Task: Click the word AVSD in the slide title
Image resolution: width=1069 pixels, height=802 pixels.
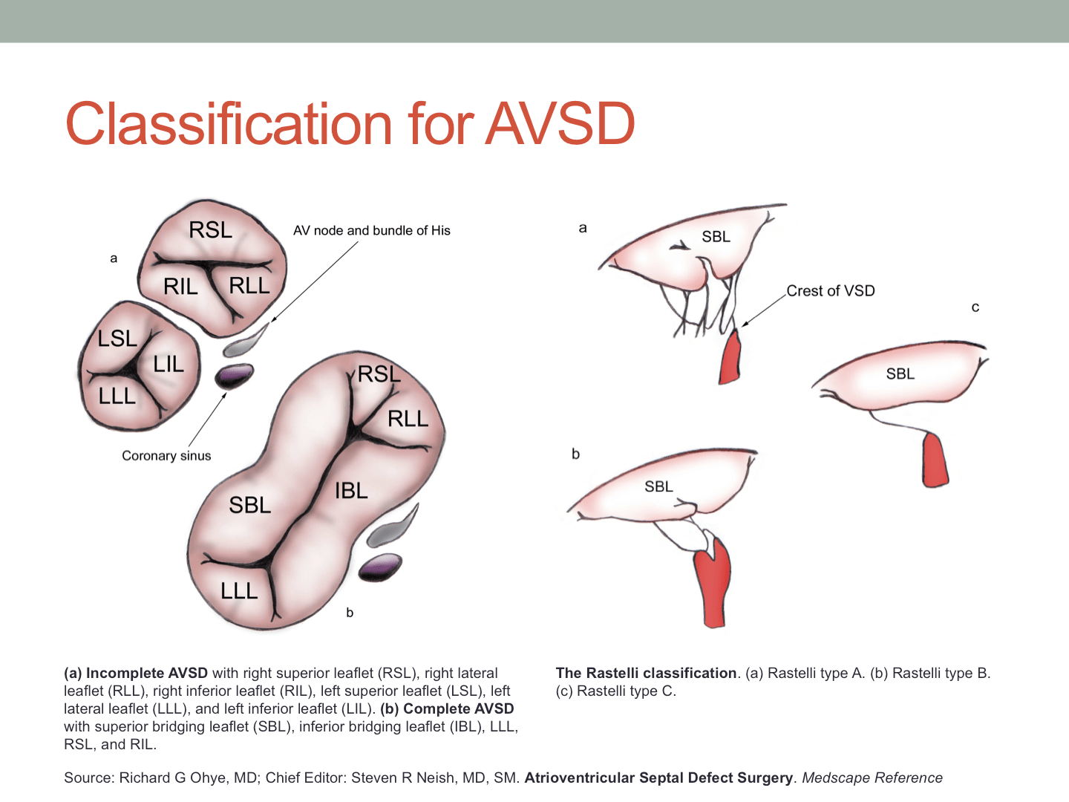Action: point(560,123)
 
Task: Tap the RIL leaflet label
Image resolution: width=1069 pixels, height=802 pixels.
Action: point(180,287)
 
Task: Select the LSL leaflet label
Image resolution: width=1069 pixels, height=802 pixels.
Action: point(117,339)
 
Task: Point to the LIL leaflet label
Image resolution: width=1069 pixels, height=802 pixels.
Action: point(169,364)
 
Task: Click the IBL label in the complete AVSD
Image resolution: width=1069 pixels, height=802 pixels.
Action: point(351,491)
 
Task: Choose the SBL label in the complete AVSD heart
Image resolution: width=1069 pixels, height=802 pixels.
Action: point(249,505)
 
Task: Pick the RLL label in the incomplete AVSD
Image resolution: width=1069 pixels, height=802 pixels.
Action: point(249,285)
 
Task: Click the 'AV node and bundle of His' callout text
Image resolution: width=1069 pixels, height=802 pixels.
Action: point(371,230)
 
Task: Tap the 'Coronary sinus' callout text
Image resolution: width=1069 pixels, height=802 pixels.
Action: point(166,456)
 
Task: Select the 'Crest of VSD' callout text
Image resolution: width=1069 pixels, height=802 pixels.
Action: point(830,291)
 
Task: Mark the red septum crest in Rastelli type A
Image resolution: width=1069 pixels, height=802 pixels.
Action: point(730,357)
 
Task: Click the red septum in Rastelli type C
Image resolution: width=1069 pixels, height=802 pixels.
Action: point(935,460)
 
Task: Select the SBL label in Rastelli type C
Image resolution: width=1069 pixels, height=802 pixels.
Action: point(900,374)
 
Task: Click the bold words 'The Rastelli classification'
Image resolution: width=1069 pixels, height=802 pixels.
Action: point(646,674)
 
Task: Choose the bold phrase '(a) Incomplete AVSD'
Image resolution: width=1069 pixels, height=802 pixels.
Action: point(136,674)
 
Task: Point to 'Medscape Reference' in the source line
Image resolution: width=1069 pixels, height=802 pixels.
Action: point(872,777)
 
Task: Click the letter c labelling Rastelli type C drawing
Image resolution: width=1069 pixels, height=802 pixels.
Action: point(975,307)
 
